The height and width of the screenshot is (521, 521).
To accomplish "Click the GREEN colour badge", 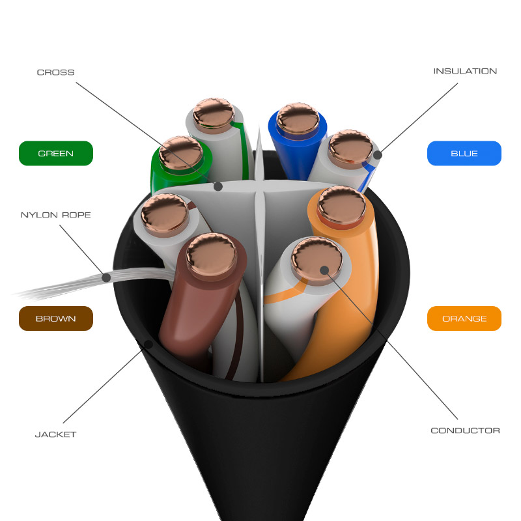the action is point(56,153).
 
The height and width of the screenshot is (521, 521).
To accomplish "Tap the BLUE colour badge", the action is point(464,153).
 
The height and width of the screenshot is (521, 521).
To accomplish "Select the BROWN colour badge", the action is point(56,318).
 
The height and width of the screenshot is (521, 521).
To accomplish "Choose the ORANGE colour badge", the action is point(464,318).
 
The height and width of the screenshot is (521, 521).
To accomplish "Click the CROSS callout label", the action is point(55,72).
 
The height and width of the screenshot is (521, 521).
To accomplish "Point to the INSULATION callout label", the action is point(465,71).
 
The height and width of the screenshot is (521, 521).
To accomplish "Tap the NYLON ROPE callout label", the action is point(56,215).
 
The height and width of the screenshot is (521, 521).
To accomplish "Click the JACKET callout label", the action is point(55,434).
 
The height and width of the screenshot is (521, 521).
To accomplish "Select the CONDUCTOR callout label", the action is point(465,430).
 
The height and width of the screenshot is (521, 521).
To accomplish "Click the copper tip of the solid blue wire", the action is point(298,119).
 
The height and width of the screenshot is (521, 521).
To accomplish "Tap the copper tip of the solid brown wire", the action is point(212,254).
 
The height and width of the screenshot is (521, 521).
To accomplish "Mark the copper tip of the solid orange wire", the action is point(341,205).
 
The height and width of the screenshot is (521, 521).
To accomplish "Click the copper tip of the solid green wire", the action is point(181,153).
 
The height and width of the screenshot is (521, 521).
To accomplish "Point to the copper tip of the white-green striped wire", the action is point(214,113).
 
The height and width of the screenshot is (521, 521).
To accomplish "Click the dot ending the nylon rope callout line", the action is point(106,278).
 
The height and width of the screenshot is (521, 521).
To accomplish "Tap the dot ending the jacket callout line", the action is point(148,344).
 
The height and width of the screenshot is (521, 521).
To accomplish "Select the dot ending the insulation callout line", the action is point(378,155).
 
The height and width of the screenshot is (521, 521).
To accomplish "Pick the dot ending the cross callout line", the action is point(218,186).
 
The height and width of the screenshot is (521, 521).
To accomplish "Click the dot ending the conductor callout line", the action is point(324,270).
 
